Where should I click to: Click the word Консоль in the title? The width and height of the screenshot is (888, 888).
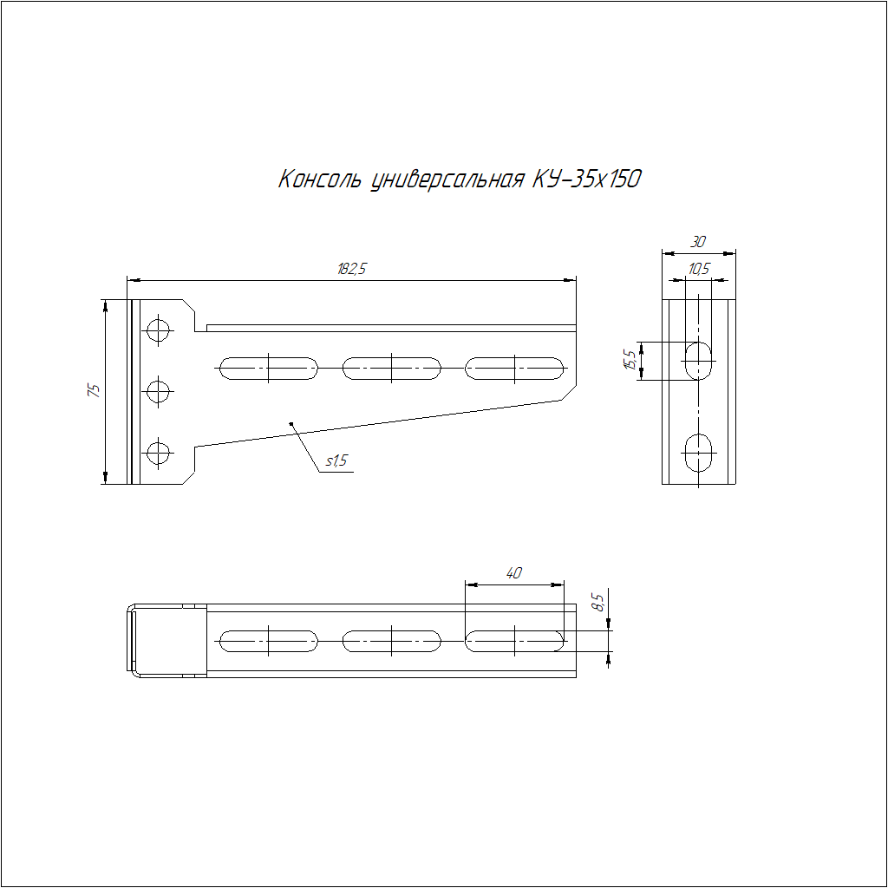[319, 179]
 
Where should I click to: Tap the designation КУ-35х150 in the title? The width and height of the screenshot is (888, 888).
[587, 179]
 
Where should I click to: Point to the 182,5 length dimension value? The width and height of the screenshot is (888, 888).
[352, 269]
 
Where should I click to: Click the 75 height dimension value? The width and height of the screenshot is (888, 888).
[94, 390]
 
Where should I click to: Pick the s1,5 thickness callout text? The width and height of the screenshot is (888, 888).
[336, 461]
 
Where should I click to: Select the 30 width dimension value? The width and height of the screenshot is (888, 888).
[698, 242]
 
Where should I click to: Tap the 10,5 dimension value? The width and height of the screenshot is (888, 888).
[698, 269]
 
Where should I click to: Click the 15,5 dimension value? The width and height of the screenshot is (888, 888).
[630, 360]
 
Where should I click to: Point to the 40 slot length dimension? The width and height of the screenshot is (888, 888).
[513, 573]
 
